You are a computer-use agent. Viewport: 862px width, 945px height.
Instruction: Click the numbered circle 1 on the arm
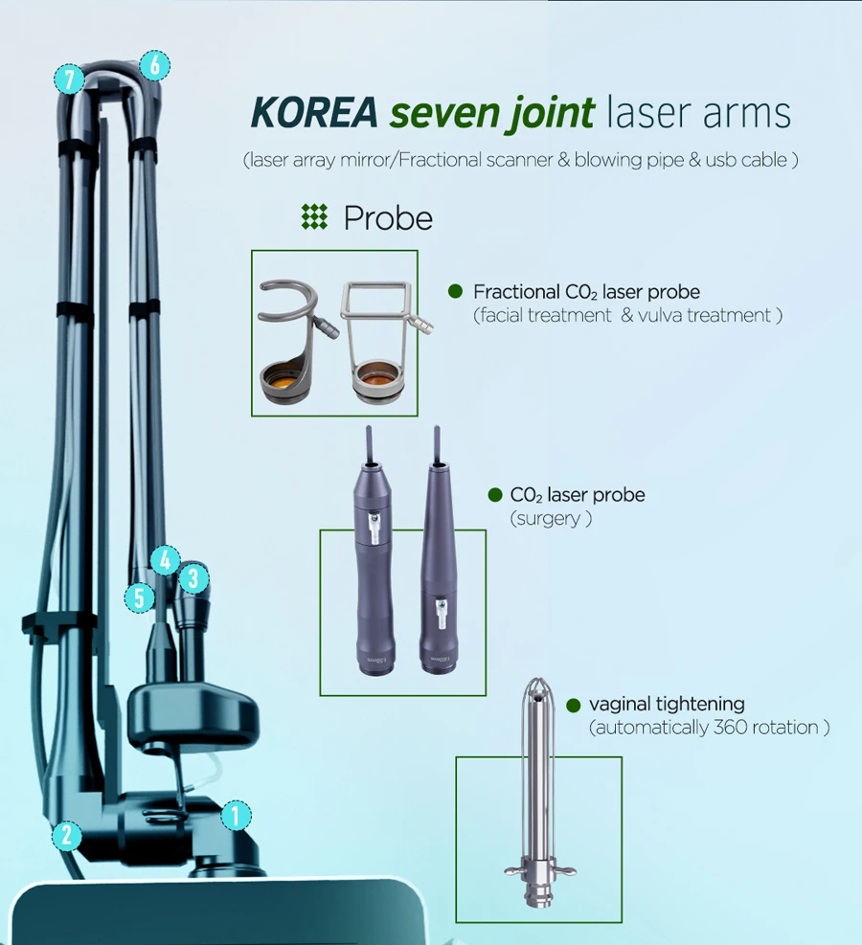pyautogui.click(x=235, y=816)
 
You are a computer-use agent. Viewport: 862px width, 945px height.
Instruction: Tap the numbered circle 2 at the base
pyautogui.click(x=66, y=835)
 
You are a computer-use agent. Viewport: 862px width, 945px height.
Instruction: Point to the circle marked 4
pyautogui.click(x=166, y=560)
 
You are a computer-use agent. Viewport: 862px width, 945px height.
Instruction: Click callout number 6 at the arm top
pyautogui.click(x=153, y=65)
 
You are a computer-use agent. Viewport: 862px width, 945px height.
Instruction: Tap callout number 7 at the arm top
pyautogui.click(x=69, y=79)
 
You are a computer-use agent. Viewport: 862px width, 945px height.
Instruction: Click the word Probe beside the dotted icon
pyautogui.click(x=388, y=218)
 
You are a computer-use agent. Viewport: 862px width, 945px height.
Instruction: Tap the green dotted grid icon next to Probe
pyautogui.click(x=314, y=217)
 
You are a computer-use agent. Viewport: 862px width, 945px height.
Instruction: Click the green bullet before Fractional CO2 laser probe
pyautogui.click(x=456, y=291)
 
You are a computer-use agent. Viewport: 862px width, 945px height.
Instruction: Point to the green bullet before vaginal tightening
pyautogui.click(x=573, y=706)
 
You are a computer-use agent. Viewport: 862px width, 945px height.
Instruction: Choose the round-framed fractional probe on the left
pyautogui.click(x=293, y=335)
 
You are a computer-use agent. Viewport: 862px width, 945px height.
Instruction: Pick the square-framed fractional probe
pyautogui.click(x=380, y=335)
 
